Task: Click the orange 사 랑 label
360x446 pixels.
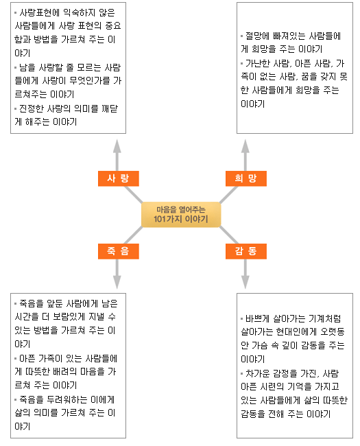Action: pos(119,178)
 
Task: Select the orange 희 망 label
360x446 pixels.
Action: pos(246,178)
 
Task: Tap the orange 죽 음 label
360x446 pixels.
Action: pos(119,251)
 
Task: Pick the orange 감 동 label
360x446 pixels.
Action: pos(246,251)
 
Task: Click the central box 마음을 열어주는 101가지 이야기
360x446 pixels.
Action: pos(181,215)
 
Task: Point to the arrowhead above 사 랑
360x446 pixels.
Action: pos(117,146)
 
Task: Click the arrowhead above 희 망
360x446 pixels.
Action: pos(245,146)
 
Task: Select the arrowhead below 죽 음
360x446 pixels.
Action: pos(117,282)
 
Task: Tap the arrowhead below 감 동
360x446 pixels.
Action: pos(245,282)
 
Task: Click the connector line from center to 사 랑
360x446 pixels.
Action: pos(133,195)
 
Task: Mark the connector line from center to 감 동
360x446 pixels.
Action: pos(228,235)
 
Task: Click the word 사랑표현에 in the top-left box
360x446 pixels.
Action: pos(38,12)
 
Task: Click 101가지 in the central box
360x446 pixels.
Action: pos(168,219)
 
